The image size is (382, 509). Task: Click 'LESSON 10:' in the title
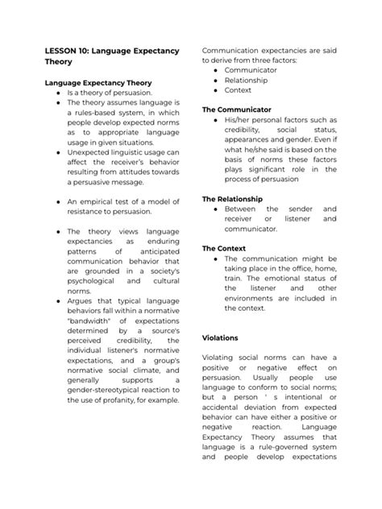click(67, 51)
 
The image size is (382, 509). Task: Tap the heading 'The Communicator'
click(235, 109)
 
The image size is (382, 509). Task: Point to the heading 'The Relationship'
click(234, 198)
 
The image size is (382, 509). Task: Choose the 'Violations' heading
click(222, 338)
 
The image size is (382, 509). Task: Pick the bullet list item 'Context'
click(239, 90)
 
